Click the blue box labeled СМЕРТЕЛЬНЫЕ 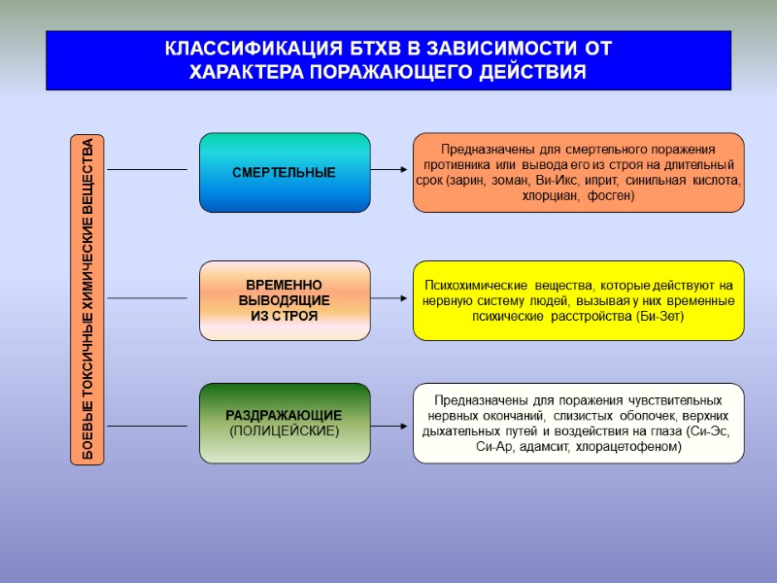pos(285,172)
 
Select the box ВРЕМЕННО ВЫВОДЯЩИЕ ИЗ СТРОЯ pos(285,300)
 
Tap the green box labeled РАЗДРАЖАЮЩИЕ pos(285,423)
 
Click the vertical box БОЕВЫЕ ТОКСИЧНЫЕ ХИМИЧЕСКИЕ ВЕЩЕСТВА pos(87,298)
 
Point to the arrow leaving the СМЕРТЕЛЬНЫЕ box pos(390,170)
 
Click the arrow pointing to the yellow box pos(390,298)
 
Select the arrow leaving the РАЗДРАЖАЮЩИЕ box pos(390,426)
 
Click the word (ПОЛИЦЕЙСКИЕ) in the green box pos(285,430)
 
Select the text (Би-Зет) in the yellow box pos(660,316)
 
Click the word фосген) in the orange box pos(611,195)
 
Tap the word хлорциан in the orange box pos(552,195)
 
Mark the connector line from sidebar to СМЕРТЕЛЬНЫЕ pos(146,170)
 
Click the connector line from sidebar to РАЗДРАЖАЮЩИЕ pos(146,426)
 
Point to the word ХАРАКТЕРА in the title pos(246,73)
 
